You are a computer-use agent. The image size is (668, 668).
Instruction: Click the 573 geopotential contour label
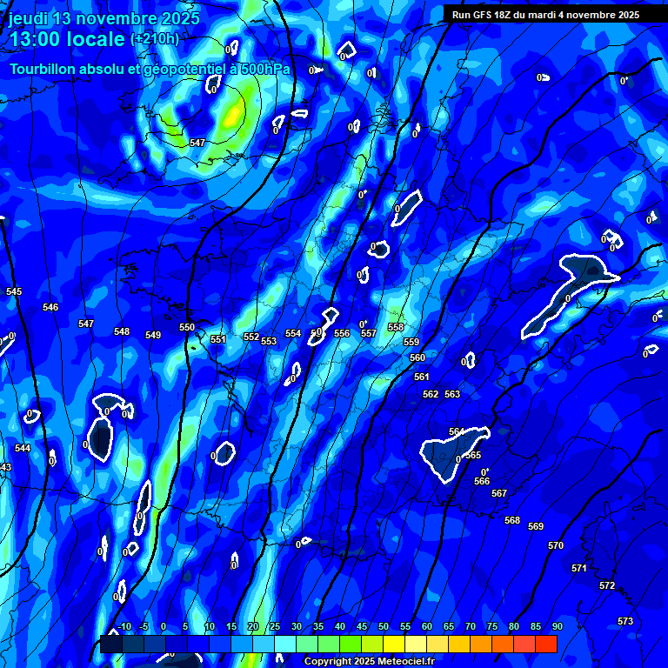pyautogui.click(x=625, y=621)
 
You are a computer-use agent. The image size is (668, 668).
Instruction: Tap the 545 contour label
pyautogui.click(x=14, y=291)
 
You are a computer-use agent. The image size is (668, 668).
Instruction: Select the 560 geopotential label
pyautogui.click(x=417, y=357)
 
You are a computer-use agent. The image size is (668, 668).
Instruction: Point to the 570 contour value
pyautogui.click(x=556, y=545)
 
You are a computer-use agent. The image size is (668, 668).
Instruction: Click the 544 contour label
pyautogui.click(x=23, y=448)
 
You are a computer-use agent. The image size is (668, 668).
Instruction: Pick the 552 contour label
pyautogui.click(x=251, y=337)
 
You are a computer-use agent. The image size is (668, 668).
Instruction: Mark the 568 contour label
pyautogui.click(x=512, y=520)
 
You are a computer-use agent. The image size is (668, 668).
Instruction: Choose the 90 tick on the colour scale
pyautogui.click(x=557, y=626)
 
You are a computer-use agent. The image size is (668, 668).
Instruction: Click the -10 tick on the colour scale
pyautogui.click(x=124, y=626)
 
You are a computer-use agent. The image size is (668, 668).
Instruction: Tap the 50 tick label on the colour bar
pyautogui.click(x=384, y=626)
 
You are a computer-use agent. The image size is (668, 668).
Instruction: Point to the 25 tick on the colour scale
pyautogui.click(x=275, y=626)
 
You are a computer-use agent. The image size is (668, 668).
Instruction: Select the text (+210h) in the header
pyautogui.click(x=155, y=39)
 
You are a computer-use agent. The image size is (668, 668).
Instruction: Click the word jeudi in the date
pyautogui.click(x=29, y=18)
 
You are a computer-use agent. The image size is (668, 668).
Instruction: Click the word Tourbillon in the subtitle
pyautogui.click(x=42, y=69)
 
